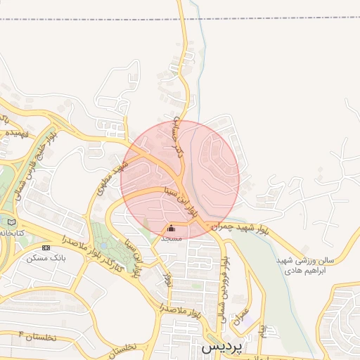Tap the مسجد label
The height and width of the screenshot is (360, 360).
pyautogui.click(x=172, y=238)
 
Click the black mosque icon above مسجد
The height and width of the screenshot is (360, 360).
pyautogui.click(x=172, y=229)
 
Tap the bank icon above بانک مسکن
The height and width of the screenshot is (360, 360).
pyautogui.click(x=46, y=247)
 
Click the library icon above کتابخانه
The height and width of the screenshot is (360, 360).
pyautogui.click(x=10, y=222)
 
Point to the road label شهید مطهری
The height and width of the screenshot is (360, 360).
pyautogui.click(x=112, y=174)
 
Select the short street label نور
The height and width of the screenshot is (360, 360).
pyautogui.click(x=167, y=278)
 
